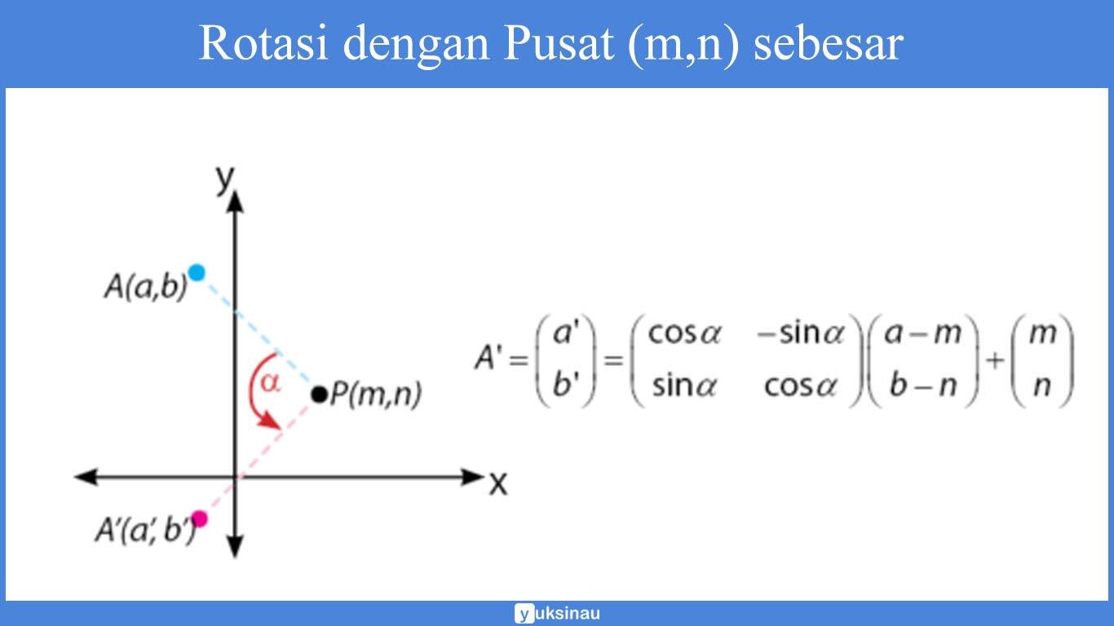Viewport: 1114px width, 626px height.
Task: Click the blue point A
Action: pyautogui.click(x=196, y=272)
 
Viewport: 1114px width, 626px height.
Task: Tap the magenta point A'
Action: pyautogui.click(x=199, y=518)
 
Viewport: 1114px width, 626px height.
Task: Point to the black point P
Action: pyautogui.click(x=318, y=395)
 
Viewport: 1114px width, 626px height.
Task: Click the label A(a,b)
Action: pyautogui.click(x=145, y=287)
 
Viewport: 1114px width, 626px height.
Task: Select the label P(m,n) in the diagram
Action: pyautogui.click(x=375, y=395)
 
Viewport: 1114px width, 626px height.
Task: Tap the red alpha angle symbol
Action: pyautogui.click(x=270, y=381)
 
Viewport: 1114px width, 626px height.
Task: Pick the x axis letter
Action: pyautogui.click(x=498, y=484)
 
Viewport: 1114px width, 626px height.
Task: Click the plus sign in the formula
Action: pyautogui.click(x=995, y=359)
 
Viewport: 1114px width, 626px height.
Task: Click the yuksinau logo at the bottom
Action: pyautogui.click(x=557, y=613)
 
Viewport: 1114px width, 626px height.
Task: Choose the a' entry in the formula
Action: pyautogui.click(x=565, y=334)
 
